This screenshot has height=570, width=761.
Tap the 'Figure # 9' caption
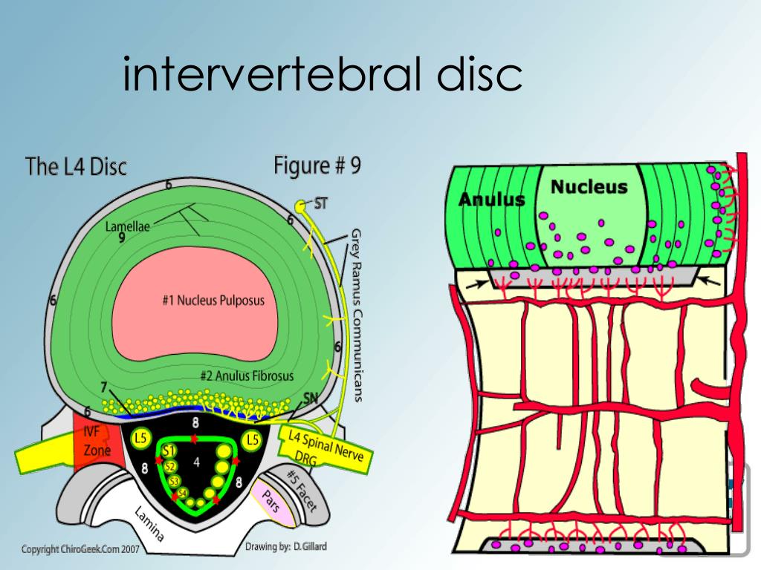pyautogui.click(x=317, y=164)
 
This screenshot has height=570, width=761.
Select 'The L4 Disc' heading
pyautogui.click(x=76, y=166)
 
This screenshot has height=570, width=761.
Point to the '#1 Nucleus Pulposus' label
pyautogui.click(x=213, y=301)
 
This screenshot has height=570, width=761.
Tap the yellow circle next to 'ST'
pyautogui.click(x=300, y=205)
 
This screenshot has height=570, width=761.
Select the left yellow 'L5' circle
pyautogui.click(x=140, y=439)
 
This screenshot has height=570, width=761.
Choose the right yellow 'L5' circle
pyautogui.click(x=253, y=439)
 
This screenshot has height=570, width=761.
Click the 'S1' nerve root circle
pyautogui.click(x=169, y=451)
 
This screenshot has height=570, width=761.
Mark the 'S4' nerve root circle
pyautogui.click(x=182, y=494)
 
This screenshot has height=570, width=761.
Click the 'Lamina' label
pyautogui.click(x=150, y=524)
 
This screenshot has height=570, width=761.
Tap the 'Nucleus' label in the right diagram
pyautogui.click(x=589, y=187)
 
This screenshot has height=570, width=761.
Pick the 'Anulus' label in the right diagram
pyautogui.click(x=491, y=199)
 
